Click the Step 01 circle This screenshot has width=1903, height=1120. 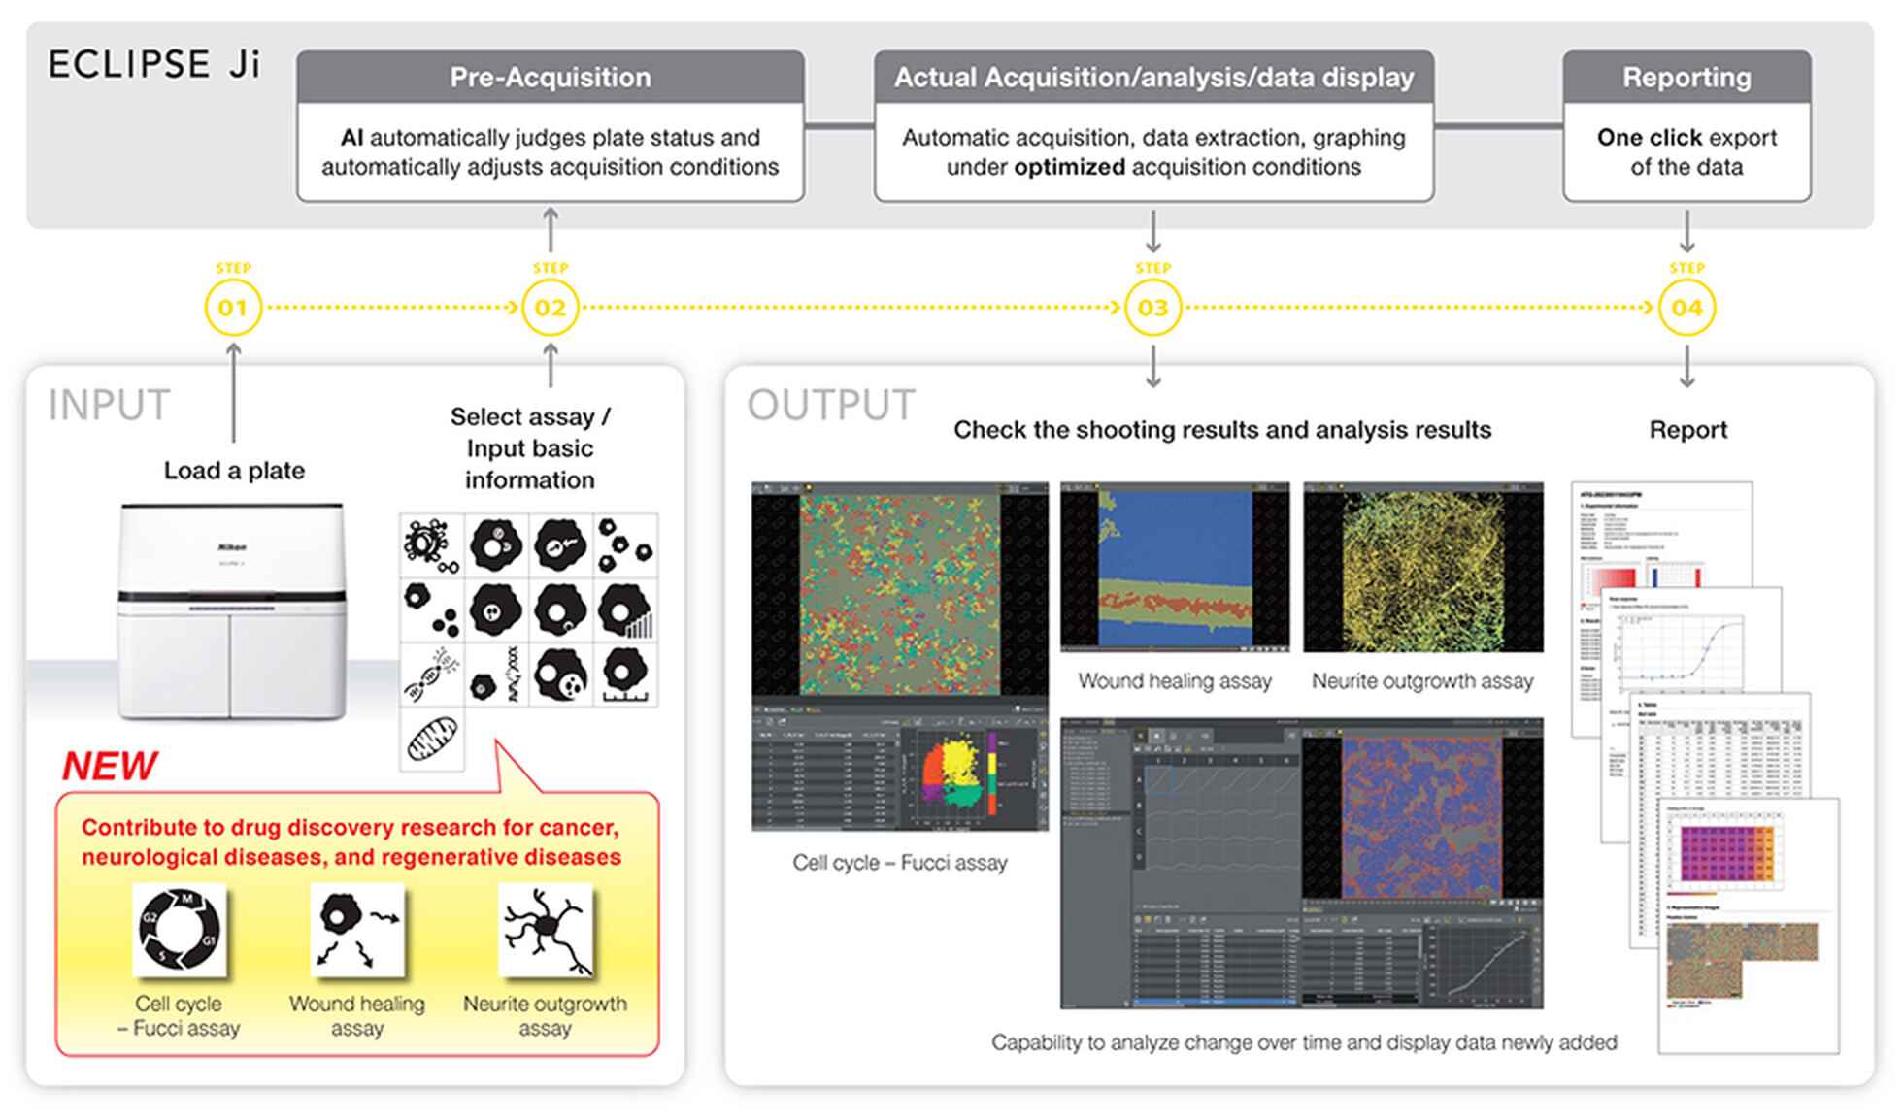(232, 308)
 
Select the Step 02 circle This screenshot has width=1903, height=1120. (550, 308)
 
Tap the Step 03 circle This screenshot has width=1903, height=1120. (1152, 308)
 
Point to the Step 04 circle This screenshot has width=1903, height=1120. (1686, 308)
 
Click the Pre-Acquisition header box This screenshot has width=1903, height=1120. (551, 78)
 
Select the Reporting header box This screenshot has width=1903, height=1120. (1686, 78)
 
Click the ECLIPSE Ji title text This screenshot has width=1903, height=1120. (154, 65)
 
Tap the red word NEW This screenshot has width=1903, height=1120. (109, 766)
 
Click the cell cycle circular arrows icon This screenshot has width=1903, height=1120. (180, 929)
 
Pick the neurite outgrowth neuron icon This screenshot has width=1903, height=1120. (545, 929)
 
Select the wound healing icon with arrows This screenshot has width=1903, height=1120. (357, 929)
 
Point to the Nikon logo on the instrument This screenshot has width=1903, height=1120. (232, 547)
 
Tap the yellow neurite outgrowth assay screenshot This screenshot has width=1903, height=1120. (1422, 568)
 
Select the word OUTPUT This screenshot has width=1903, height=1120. (831, 406)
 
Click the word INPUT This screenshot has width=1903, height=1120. (109, 406)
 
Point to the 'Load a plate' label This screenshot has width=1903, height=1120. (234, 471)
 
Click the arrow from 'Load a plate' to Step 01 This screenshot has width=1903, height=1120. (233, 393)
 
